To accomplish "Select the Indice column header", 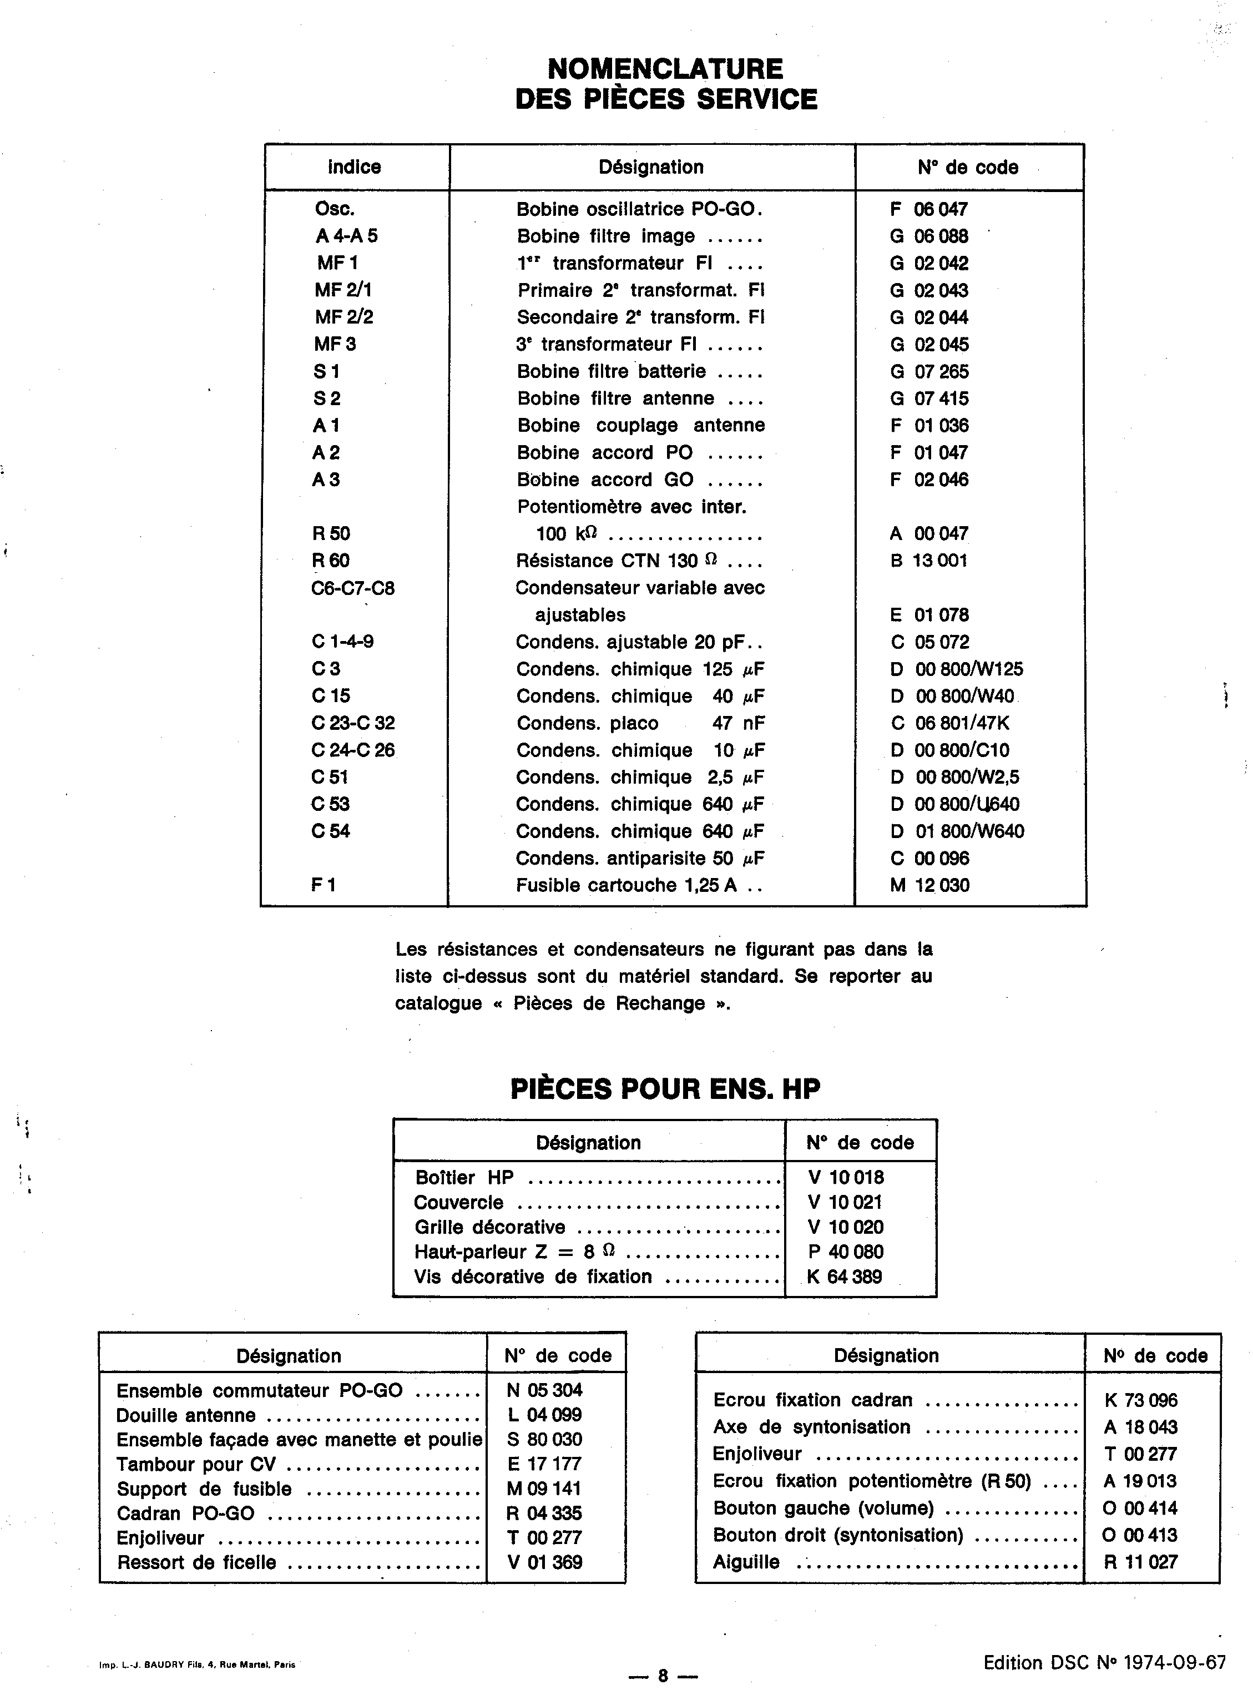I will [354, 167].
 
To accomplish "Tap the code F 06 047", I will [929, 209].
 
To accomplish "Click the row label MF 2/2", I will [343, 317].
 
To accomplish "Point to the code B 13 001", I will [929, 561].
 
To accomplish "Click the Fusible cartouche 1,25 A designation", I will [626, 885].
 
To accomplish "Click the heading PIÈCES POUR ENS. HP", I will [665, 1089].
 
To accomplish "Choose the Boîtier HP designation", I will [464, 1177].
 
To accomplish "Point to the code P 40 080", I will [846, 1252].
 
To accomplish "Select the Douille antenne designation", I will [186, 1415].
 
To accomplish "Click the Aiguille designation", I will [746, 1562].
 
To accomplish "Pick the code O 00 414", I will [1140, 1508].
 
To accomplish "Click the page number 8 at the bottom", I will [662, 1676].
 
